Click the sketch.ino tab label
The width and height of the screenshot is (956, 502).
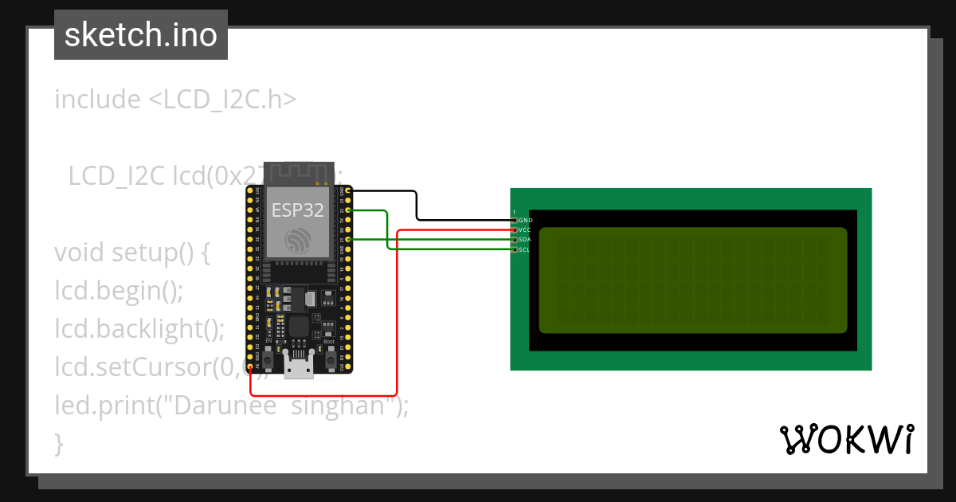tap(141, 35)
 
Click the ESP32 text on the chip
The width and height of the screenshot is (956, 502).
tap(296, 210)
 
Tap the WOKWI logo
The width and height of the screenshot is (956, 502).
tap(846, 440)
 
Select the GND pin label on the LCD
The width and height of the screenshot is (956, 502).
tap(526, 220)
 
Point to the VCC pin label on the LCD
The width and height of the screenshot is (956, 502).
tap(525, 229)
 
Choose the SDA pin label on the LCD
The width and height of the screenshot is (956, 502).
tap(525, 239)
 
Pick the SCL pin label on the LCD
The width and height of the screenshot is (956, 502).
tap(525, 249)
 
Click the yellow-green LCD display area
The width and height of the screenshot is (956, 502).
tap(692, 280)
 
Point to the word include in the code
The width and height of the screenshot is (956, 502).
tap(97, 100)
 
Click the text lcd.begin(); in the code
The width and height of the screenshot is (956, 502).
tap(119, 291)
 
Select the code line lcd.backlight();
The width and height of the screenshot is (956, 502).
tap(140, 328)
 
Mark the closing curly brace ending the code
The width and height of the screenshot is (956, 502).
tap(58, 442)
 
